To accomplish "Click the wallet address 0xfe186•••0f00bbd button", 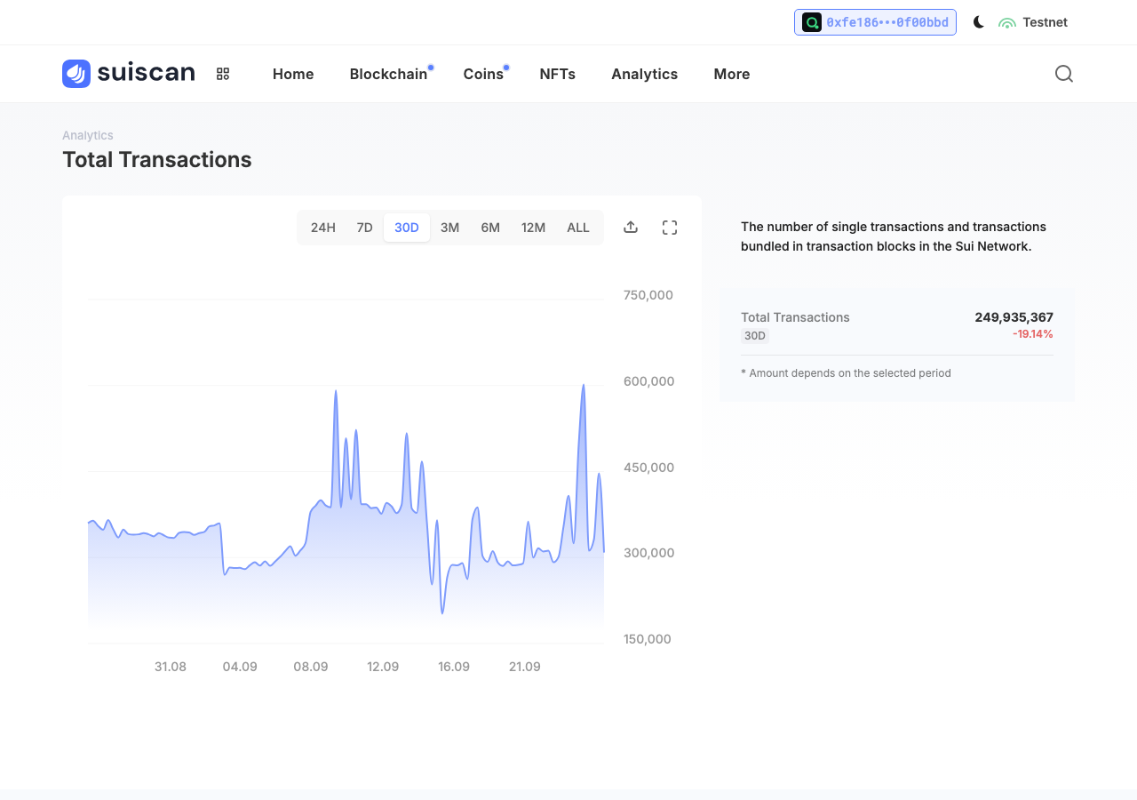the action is click(x=875, y=22).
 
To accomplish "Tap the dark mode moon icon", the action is click(x=978, y=22).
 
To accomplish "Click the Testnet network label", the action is click(x=1045, y=22).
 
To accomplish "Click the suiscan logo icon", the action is click(x=76, y=74).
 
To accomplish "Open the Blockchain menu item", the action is click(x=388, y=74).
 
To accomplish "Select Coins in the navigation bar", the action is click(x=483, y=74).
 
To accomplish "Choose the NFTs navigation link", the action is click(x=557, y=74).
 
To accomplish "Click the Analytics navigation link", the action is click(x=644, y=74).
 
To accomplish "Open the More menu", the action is click(x=731, y=74).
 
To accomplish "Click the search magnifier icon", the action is click(x=1064, y=74).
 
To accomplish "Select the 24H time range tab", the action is click(x=322, y=228).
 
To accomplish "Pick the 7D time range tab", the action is click(x=364, y=228).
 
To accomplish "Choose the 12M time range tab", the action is click(x=533, y=228).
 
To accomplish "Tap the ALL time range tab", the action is click(x=577, y=228).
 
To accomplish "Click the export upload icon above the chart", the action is click(x=631, y=227).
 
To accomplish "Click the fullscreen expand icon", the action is click(x=670, y=228).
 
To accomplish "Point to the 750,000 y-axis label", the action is click(x=648, y=295).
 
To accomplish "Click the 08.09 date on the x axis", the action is click(x=311, y=667).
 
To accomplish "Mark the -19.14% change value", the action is click(x=1032, y=334).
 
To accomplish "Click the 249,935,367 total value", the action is click(x=1014, y=317).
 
